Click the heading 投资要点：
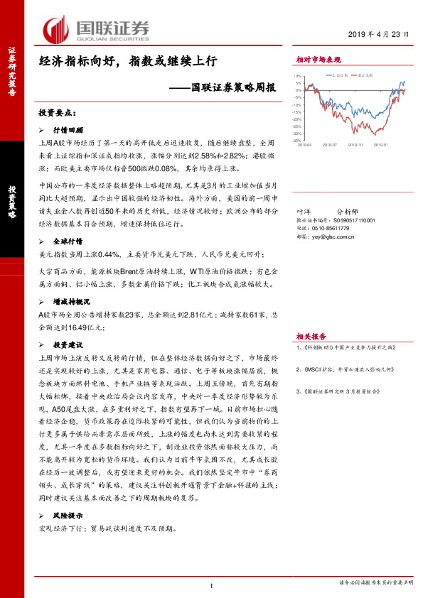[x=57, y=112]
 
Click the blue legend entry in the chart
[x=338, y=74]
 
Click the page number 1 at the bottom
[x=212, y=585]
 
